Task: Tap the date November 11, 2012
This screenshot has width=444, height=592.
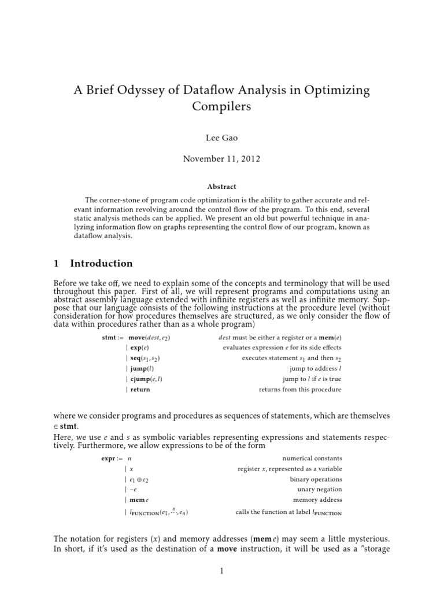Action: tap(221, 159)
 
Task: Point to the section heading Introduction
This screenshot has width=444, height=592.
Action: tap(101, 264)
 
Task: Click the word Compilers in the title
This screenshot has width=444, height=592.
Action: tap(221, 108)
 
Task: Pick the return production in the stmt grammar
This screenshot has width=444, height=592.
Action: tap(139, 390)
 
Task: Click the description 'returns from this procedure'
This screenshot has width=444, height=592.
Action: tap(300, 390)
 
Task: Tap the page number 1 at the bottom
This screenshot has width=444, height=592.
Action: tap(221, 571)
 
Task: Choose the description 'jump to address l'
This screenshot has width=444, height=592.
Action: tap(316, 368)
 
